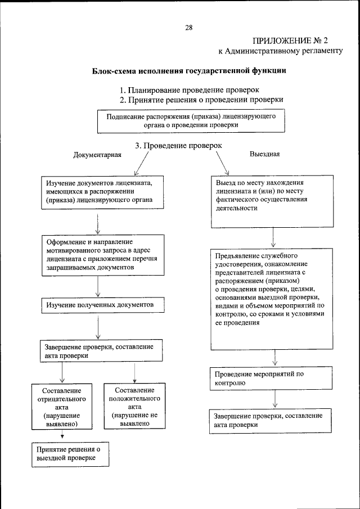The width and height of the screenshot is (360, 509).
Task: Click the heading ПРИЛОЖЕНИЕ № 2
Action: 298,40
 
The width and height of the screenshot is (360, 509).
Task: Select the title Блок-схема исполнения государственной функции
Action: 189,71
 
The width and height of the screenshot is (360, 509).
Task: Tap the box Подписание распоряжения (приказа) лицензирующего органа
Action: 191,121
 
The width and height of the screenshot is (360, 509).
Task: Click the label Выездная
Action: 264,154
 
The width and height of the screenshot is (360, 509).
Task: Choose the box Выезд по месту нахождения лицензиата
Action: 272,202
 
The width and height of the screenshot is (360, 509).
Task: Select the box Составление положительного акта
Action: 134,407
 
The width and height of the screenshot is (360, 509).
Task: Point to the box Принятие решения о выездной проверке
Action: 69,454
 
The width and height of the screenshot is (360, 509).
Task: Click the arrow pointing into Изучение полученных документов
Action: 98,287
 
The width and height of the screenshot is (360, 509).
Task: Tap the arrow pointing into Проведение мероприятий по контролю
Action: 274,358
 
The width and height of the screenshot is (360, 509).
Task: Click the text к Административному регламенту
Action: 280,51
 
